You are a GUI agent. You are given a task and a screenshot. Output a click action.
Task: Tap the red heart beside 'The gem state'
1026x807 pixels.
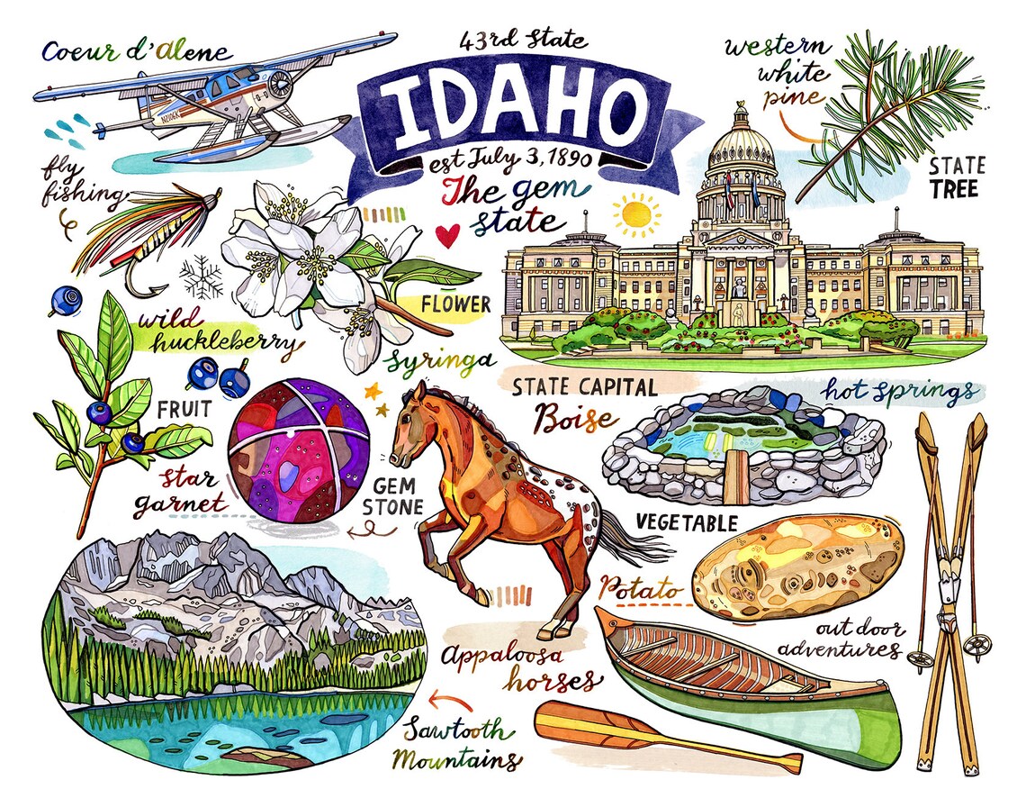coord(447,235)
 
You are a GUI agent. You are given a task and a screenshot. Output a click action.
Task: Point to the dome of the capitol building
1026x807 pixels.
coord(741,144)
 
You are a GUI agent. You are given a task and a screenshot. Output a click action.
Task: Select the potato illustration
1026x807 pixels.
coord(797,567)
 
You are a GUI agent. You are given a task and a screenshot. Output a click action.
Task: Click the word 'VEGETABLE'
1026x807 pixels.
coord(687,522)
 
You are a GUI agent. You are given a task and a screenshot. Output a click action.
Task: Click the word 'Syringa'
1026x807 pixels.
coord(441,361)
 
